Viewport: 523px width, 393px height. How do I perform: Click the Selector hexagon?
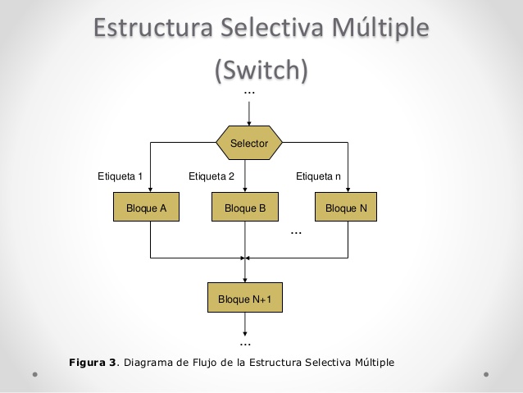click(x=249, y=144)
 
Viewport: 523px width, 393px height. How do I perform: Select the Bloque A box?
click(x=147, y=208)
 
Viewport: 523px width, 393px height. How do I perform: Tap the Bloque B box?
click(x=245, y=208)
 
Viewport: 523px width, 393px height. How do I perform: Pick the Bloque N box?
click(x=346, y=208)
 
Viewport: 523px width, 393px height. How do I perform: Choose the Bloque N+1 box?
click(x=245, y=299)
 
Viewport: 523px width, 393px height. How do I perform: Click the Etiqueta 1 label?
click(x=121, y=176)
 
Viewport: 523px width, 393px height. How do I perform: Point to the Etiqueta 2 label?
click(x=211, y=176)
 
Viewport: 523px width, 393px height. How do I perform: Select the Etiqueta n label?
click(x=318, y=176)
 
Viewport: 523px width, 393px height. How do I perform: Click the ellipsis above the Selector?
click(x=249, y=93)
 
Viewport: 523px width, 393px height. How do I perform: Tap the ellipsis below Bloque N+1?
click(x=245, y=342)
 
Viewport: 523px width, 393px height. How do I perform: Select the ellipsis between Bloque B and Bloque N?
click(x=297, y=233)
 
